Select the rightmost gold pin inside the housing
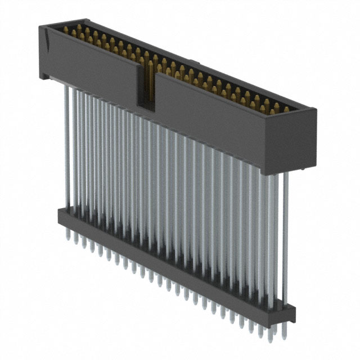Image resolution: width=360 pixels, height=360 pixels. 286,109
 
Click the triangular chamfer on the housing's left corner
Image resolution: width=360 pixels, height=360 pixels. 50,43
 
